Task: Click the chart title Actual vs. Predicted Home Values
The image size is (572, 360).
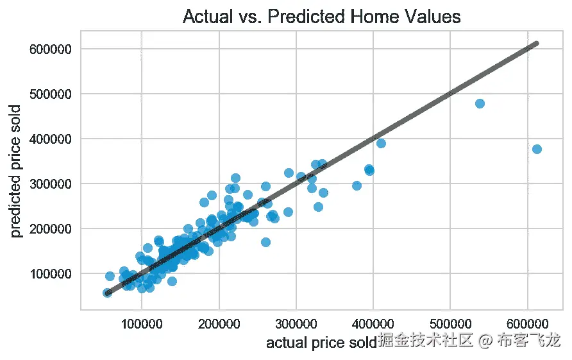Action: pyautogui.click(x=322, y=16)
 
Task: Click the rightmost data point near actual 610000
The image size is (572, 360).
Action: pyautogui.click(x=537, y=149)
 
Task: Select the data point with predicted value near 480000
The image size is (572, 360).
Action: pyautogui.click(x=480, y=103)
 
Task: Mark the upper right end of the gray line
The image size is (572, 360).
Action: pyautogui.click(x=537, y=44)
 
